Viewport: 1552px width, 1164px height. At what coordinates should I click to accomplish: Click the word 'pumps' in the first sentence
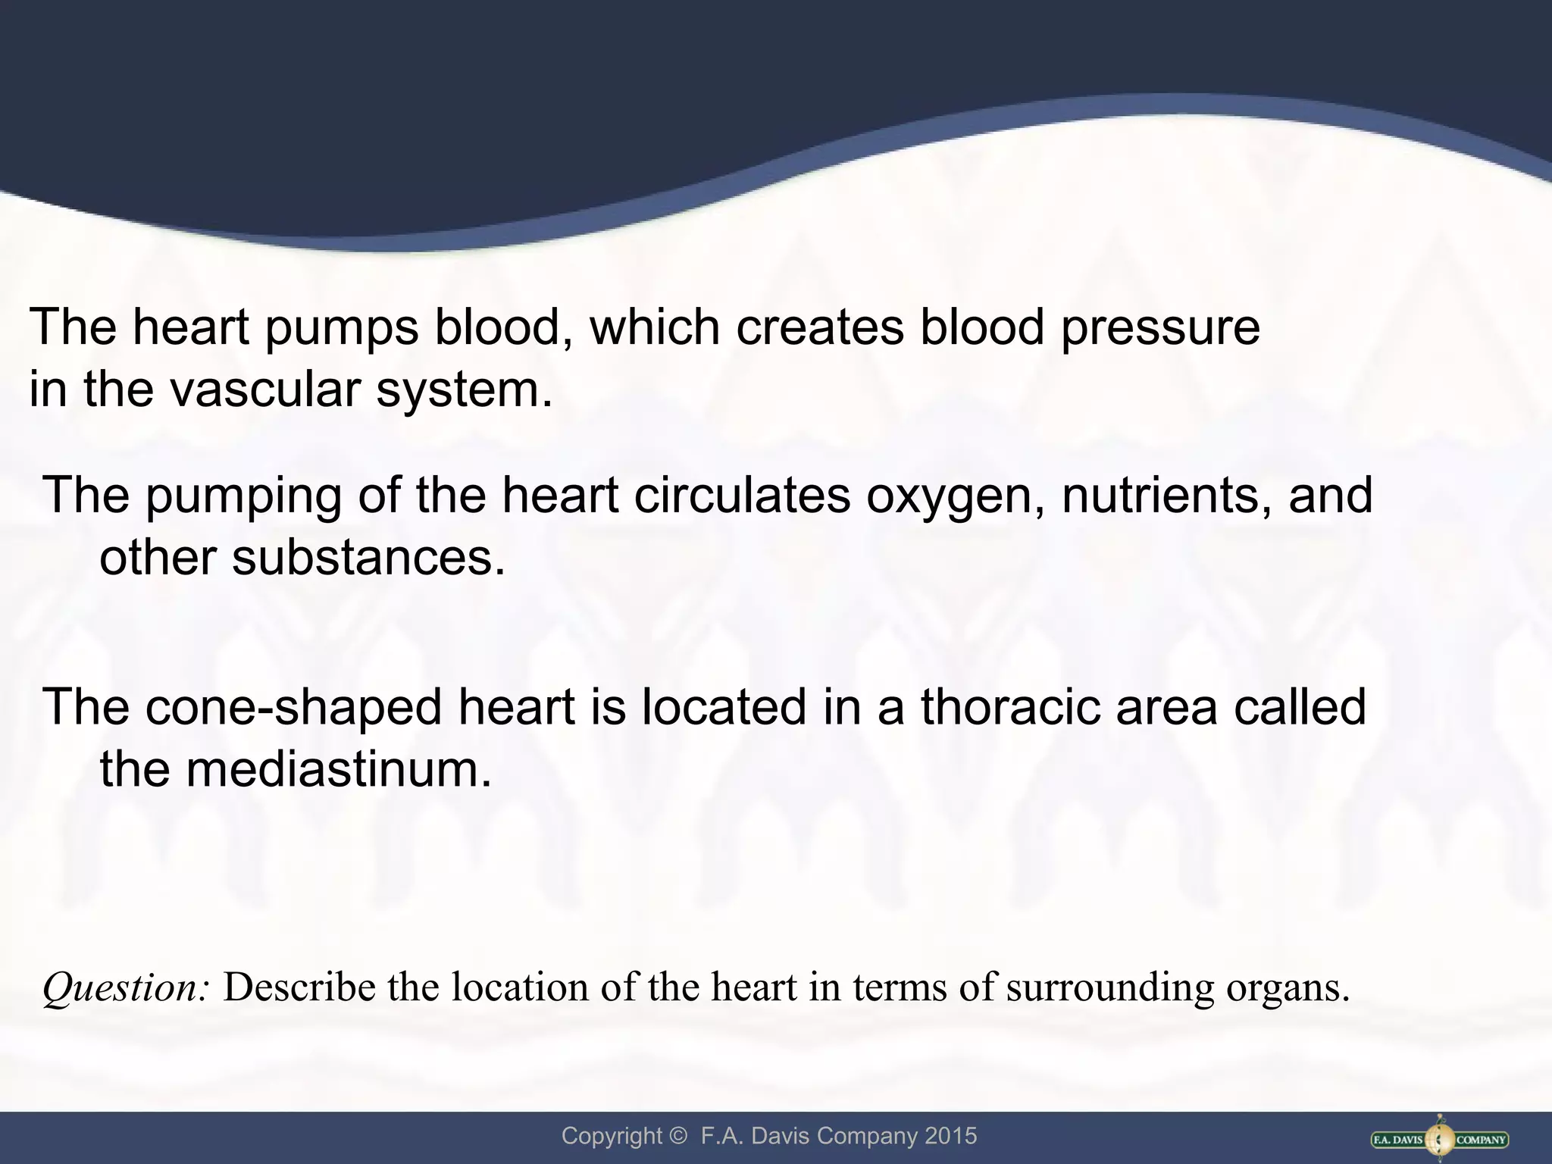pyautogui.click(x=341, y=329)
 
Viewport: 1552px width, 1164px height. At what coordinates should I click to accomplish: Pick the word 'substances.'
pyautogui.click(x=368, y=558)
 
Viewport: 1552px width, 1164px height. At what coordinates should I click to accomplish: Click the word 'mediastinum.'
pyautogui.click(x=339, y=769)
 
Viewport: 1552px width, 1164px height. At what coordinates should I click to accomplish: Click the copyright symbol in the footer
pyautogui.click(x=677, y=1136)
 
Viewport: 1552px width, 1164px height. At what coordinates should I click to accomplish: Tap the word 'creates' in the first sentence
pyautogui.click(x=820, y=329)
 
